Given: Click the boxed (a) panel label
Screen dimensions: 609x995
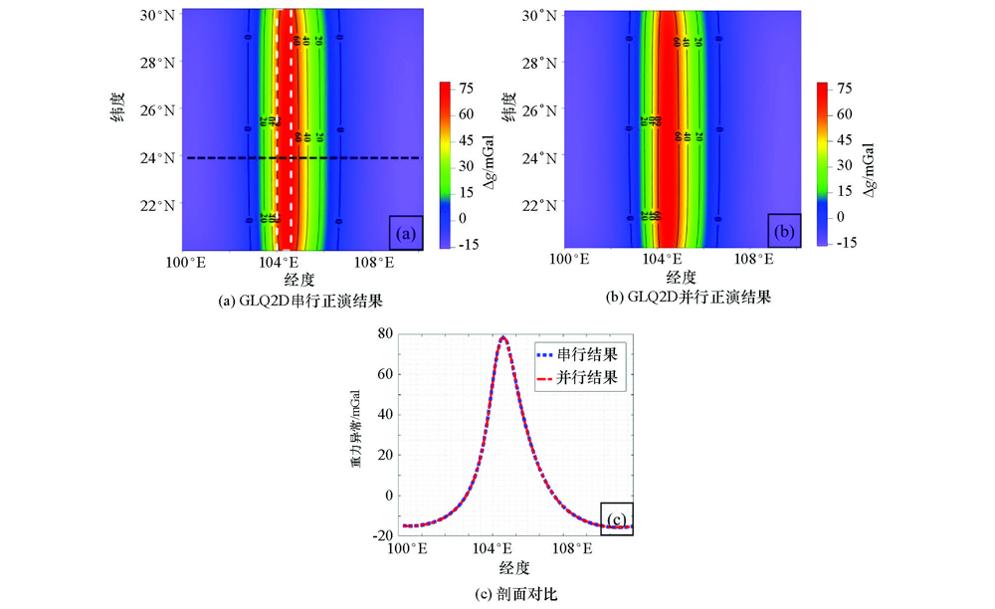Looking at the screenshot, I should pos(406,233).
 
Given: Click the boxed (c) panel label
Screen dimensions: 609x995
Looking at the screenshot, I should pos(616,518).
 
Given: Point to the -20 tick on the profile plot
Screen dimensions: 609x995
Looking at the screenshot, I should pos(382,535).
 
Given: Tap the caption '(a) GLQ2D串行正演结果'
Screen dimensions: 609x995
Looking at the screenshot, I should pos(299,299).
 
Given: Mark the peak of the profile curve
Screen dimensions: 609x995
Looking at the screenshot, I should pos(502,338).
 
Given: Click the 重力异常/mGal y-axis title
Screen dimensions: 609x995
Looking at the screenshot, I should pos(356,434).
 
